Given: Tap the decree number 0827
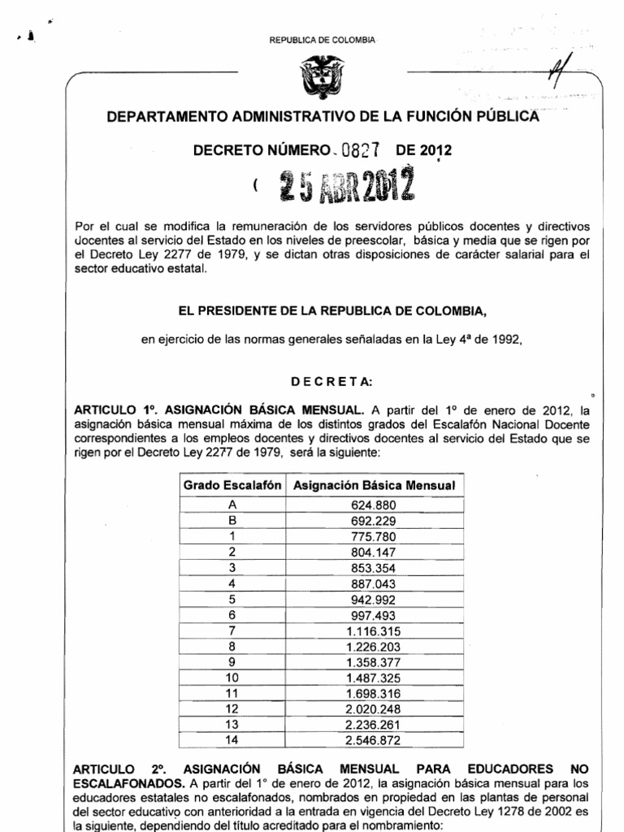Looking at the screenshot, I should pyautogui.click(x=362, y=150).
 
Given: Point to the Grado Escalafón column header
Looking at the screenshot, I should pyautogui.click(x=232, y=485).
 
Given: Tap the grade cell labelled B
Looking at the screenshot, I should pyautogui.click(x=232, y=519).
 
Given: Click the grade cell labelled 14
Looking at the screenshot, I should pyautogui.click(x=232, y=740).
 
